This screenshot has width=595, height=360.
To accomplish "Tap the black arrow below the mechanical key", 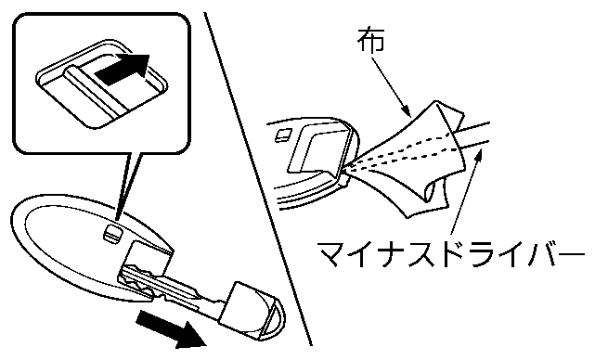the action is point(171,329).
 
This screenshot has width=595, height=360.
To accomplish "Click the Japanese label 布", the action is point(371,40).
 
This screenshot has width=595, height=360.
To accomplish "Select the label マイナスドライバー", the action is point(450,253).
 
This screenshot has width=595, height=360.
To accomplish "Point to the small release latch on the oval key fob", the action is point(112,233).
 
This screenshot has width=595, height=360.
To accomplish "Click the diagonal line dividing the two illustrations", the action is point(258,179).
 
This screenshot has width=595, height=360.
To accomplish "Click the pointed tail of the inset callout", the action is point(119,218).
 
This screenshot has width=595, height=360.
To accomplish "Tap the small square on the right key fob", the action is point(283,135).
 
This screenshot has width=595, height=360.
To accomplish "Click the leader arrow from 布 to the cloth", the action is point(391,86).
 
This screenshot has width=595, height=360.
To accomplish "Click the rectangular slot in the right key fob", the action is point(318,150).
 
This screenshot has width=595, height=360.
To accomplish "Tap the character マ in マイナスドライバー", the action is point(331,253).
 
